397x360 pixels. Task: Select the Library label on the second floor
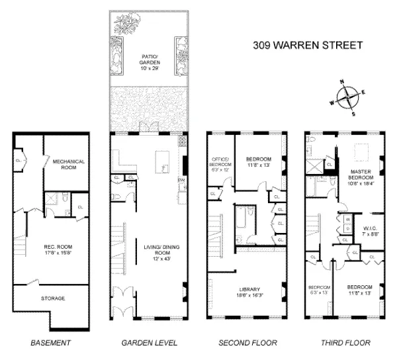245,289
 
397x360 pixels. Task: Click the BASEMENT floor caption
50,343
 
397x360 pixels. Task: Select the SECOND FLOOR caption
247,343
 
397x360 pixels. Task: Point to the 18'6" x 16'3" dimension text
245,295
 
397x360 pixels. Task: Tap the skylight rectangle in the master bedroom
362,152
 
